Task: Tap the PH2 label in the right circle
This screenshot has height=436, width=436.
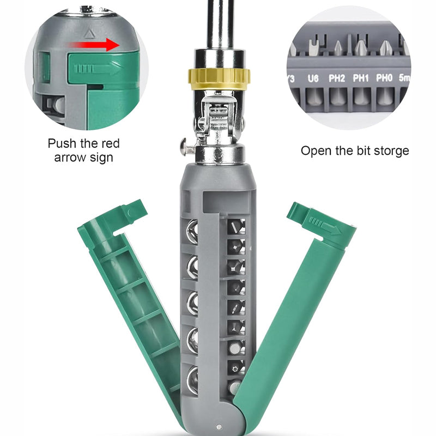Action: tap(337, 78)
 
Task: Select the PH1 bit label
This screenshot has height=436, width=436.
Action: tap(361, 78)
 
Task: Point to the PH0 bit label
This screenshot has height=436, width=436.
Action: tap(384, 78)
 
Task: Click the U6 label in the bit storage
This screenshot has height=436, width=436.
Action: tap(313, 78)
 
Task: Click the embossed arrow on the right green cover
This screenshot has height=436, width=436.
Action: tap(321, 222)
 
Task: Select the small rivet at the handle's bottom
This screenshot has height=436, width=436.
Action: tap(219, 427)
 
